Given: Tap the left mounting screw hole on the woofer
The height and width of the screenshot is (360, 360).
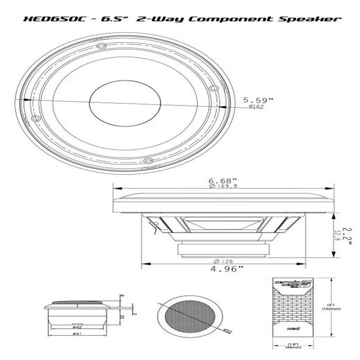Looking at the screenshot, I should point(34,119).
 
